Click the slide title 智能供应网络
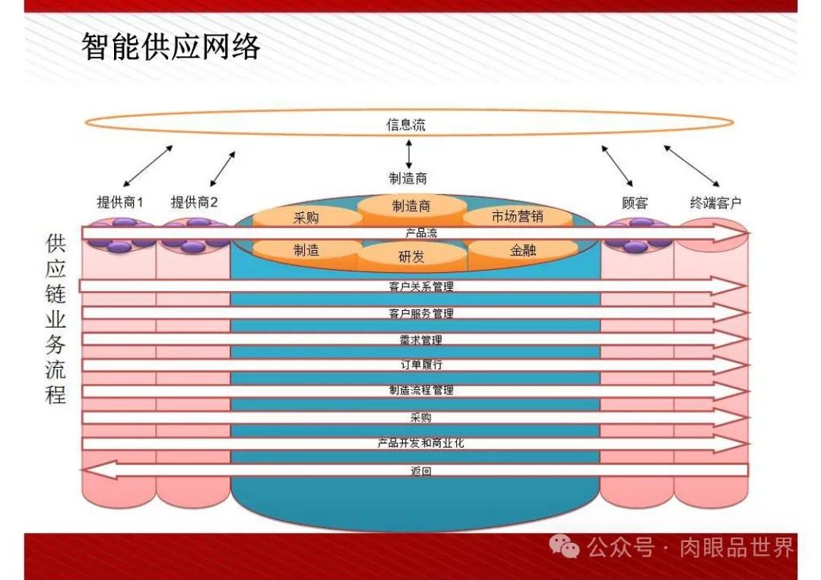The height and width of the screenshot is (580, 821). point(171,47)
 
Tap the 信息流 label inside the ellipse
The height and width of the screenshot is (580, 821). point(406,125)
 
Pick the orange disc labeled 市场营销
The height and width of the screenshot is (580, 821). point(517,217)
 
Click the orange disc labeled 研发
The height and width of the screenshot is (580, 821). point(411,257)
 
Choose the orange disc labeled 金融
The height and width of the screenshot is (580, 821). point(522,249)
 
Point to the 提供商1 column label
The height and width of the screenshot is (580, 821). point(120,202)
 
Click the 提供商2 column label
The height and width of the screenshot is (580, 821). point(194,202)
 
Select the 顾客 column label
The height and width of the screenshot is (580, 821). point(635,203)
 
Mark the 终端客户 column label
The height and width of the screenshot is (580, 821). point(715,203)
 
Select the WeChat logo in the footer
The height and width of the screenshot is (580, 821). point(564,547)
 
